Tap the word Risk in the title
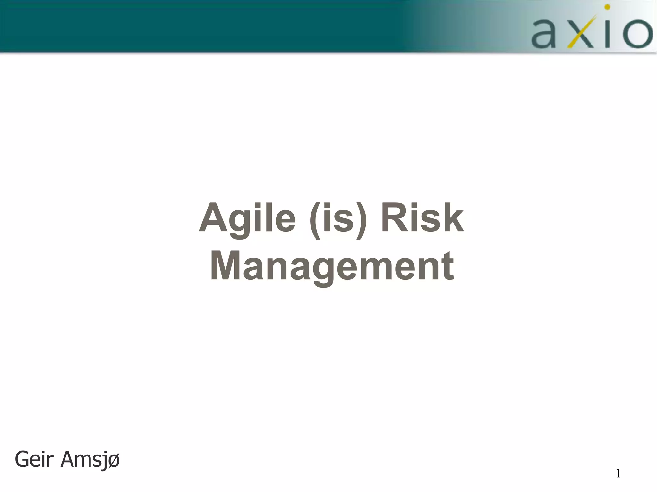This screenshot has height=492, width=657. pyautogui.click(x=422, y=218)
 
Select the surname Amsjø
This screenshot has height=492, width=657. pyautogui.click(x=90, y=460)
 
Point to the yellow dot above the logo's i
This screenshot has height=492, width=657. pyautogui.click(x=607, y=7)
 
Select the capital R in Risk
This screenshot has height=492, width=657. pyautogui.click(x=395, y=218)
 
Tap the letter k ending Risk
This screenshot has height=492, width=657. pyautogui.click(x=452, y=218)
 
